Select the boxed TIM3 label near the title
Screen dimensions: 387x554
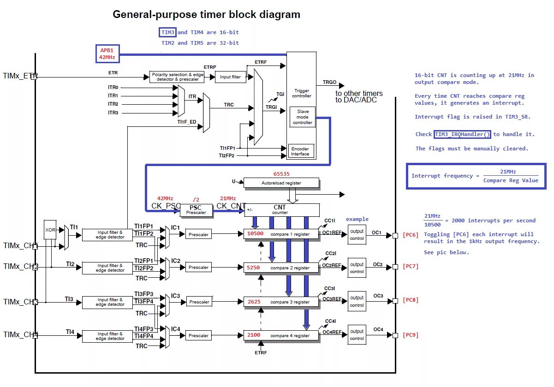click(168, 32)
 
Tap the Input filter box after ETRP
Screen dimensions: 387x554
click(230, 77)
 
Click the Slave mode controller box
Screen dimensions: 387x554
click(303, 117)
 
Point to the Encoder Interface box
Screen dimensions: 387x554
click(300, 151)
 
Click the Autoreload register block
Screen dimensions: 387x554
click(281, 183)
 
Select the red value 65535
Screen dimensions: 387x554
click(281, 174)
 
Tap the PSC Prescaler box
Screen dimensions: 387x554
click(197, 210)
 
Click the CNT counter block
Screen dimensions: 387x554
click(281, 210)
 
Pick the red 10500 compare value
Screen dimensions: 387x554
click(255, 234)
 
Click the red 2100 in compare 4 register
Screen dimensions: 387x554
click(254, 335)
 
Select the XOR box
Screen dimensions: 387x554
click(50, 229)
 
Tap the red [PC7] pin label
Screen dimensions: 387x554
click(410, 266)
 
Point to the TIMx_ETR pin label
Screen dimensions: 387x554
click(20, 76)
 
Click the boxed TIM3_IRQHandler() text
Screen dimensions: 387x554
click(462, 134)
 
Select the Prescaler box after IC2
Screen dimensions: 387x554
click(199, 268)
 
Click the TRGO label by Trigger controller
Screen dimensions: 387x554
click(329, 82)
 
